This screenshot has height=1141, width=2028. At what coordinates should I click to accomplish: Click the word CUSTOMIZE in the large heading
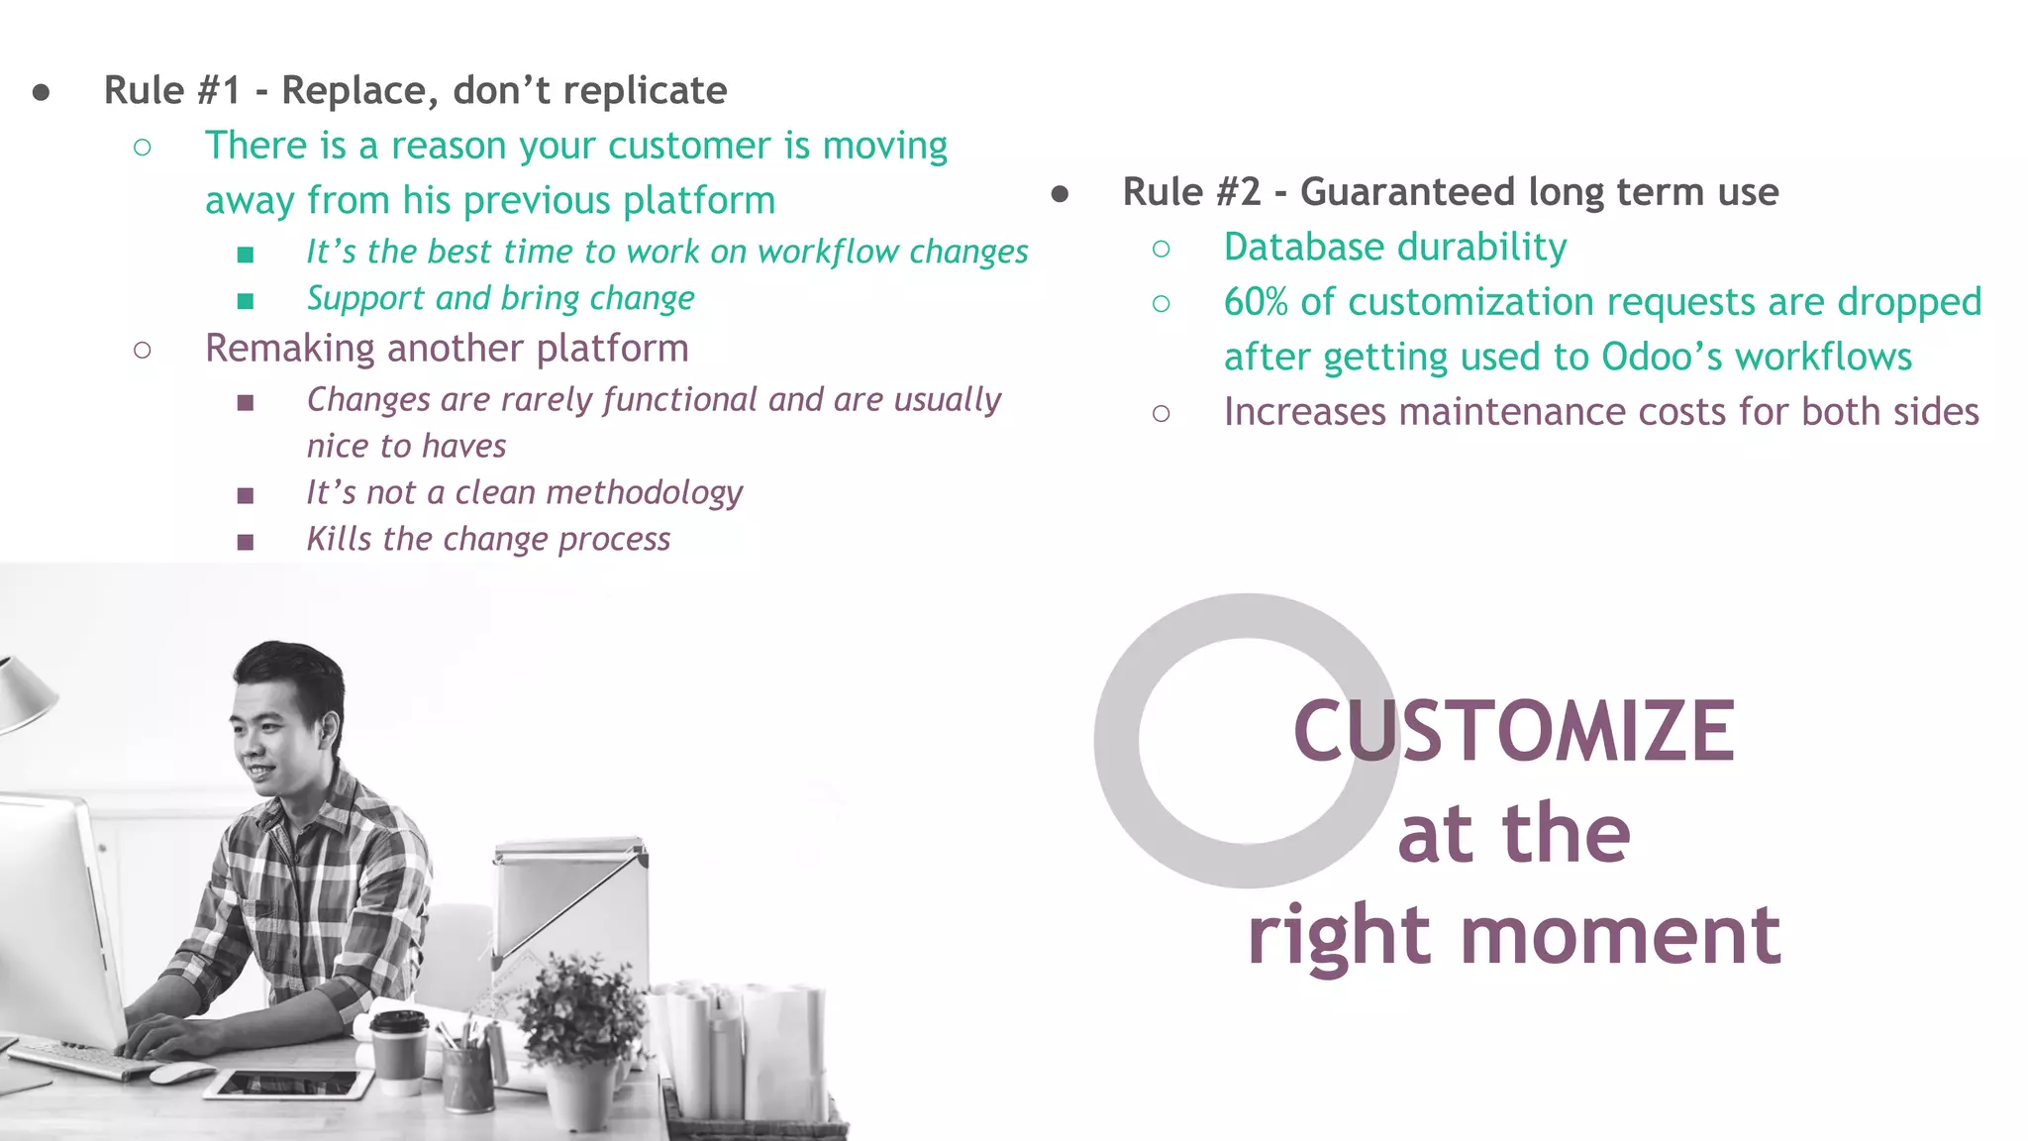click(1513, 731)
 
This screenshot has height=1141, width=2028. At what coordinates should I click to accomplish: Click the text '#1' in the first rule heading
click(219, 91)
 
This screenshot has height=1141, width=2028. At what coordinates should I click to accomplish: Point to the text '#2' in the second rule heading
click(1238, 192)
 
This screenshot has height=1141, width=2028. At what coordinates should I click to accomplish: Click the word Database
click(1292, 248)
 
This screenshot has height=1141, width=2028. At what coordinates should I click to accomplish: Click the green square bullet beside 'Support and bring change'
click(246, 300)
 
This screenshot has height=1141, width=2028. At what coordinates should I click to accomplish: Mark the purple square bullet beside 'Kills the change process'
click(246, 542)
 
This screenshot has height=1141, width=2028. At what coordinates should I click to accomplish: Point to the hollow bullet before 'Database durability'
click(1162, 249)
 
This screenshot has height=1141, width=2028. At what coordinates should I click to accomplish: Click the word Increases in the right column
click(1304, 412)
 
